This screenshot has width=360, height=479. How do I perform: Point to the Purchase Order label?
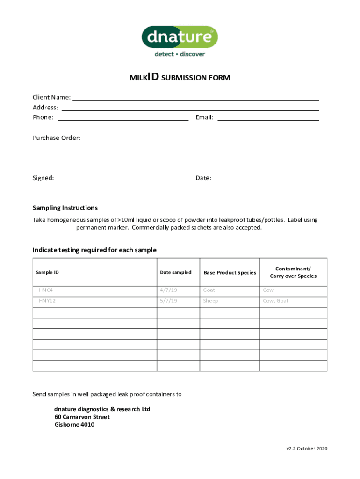(56, 138)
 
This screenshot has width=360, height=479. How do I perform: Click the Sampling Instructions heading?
(65, 208)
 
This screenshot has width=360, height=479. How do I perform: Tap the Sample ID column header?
(47, 272)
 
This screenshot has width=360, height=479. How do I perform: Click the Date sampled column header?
(175, 272)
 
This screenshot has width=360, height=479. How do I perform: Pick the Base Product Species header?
(230, 272)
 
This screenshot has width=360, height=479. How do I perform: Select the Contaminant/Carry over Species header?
(293, 272)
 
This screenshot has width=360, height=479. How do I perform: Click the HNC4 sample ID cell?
(46, 290)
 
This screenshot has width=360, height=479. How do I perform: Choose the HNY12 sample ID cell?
(47, 301)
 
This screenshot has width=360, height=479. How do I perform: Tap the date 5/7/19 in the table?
(168, 301)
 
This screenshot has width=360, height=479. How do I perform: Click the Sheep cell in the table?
(210, 301)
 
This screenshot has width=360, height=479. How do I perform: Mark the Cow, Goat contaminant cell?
(275, 301)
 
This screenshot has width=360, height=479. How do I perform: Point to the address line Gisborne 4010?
(74, 425)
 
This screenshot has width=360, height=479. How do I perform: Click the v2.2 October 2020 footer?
(307, 449)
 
